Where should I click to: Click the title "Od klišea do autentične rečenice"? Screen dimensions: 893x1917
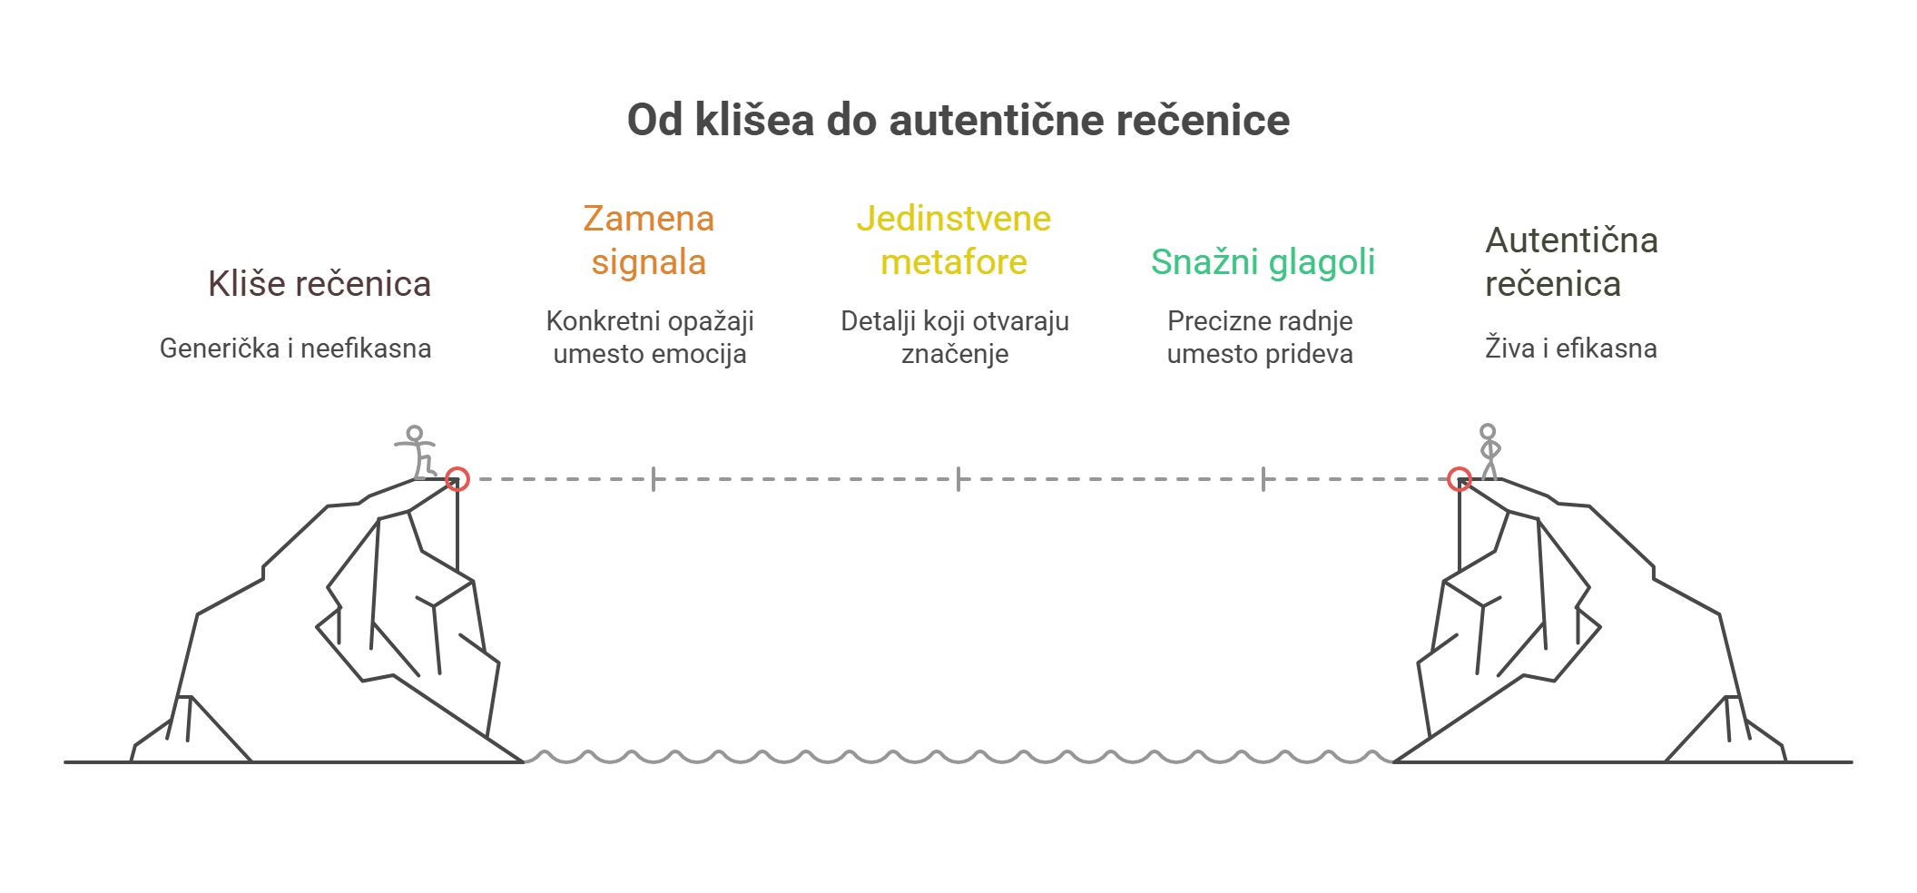958,121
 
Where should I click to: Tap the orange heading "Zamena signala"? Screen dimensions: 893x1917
648,240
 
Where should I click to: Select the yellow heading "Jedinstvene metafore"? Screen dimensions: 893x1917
954,240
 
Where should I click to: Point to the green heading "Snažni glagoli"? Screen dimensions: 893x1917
1263,262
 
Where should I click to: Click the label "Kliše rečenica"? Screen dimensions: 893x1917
319,284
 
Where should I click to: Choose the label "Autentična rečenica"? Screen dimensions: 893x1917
1571,262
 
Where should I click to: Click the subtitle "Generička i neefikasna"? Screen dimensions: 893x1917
295,348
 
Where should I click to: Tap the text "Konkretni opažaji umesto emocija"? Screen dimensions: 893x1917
650,337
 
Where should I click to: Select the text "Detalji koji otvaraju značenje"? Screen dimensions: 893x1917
955,337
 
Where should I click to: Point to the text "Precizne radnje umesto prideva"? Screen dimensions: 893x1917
1260,337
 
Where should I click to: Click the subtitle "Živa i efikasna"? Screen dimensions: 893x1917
1570,348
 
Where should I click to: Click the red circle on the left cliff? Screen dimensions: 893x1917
457,478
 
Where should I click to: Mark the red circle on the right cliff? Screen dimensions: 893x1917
1459,478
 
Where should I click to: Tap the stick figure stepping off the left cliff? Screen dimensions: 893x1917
417,452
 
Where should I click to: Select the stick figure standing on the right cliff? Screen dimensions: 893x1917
1489,451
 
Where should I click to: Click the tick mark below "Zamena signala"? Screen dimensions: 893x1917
654,478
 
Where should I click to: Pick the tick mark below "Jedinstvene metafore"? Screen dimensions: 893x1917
958,478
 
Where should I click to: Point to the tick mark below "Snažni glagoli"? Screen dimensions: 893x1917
1263,478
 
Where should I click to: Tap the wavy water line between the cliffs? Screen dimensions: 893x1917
958,757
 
